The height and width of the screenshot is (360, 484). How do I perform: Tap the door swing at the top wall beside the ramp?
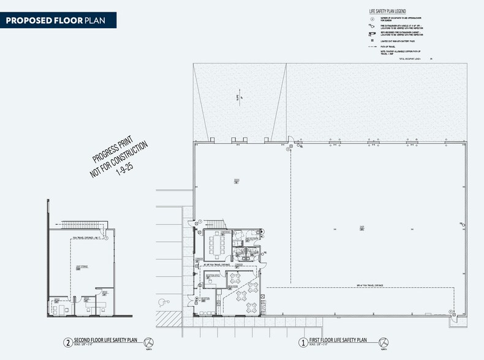point(291,139)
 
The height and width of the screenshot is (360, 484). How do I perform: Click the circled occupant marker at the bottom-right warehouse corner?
point(452,312)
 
